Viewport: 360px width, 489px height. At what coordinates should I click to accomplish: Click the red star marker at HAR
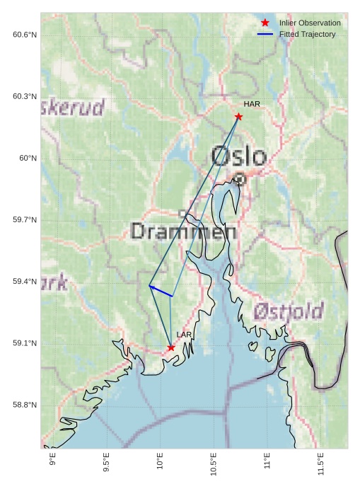pos(239,117)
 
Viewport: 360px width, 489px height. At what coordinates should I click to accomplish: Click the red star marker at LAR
pos(171,347)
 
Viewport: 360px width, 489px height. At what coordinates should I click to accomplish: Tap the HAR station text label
pos(252,104)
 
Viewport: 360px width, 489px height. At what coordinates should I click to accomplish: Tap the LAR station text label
pos(184,335)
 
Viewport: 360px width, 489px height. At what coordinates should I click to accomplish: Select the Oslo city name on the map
pos(239,156)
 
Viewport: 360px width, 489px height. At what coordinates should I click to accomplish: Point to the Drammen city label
pos(184,231)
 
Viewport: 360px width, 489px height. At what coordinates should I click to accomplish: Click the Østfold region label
pos(288,311)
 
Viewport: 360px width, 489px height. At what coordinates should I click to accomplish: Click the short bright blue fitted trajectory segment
pos(161,291)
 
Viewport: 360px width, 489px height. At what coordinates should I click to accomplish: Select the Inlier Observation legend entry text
pos(310,23)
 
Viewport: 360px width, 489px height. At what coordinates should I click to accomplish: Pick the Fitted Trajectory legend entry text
pos(307,34)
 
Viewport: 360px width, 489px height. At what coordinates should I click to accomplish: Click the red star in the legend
pos(265,23)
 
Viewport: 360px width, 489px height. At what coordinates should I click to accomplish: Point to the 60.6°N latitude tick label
pos(25,35)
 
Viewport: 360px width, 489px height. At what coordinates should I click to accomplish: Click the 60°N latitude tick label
pos(28,159)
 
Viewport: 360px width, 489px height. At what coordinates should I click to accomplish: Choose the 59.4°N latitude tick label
pos(25,282)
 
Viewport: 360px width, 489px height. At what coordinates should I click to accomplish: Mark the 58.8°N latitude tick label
pos(25,405)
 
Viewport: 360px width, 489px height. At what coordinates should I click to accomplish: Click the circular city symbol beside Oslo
pos(240,179)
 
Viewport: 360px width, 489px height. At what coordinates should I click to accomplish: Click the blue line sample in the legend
pos(265,34)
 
